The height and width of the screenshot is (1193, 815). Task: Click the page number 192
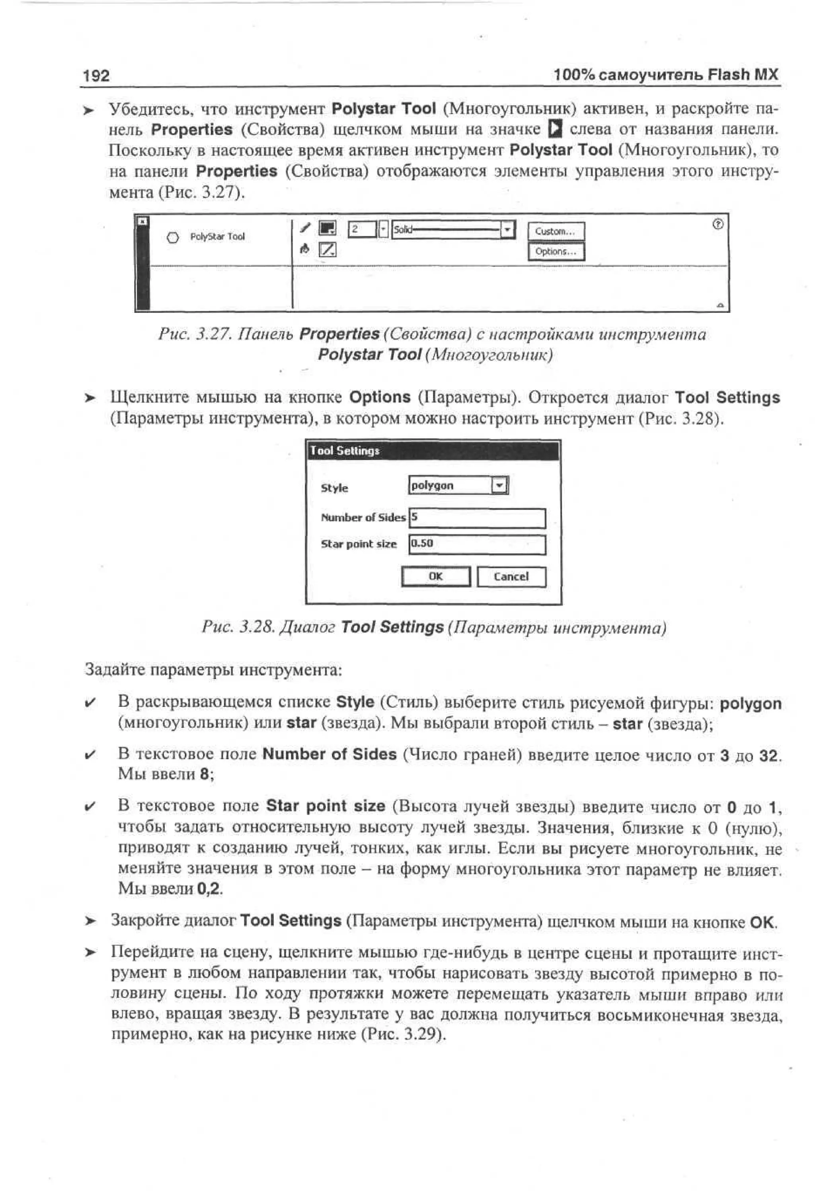[96, 76]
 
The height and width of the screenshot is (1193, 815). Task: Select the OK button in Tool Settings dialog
[435, 576]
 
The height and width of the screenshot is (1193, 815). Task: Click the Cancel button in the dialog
[511, 576]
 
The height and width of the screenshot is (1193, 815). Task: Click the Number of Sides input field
[477, 518]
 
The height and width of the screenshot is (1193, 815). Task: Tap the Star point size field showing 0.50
[477, 544]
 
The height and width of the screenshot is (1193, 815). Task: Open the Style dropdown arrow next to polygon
[499, 485]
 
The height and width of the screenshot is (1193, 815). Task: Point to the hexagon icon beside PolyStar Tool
[174, 237]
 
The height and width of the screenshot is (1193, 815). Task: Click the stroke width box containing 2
[362, 229]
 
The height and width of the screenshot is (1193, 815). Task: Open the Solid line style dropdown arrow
[507, 229]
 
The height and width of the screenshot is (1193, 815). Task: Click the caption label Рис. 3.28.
[237, 627]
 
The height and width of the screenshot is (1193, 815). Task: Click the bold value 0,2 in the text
[209, 888]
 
